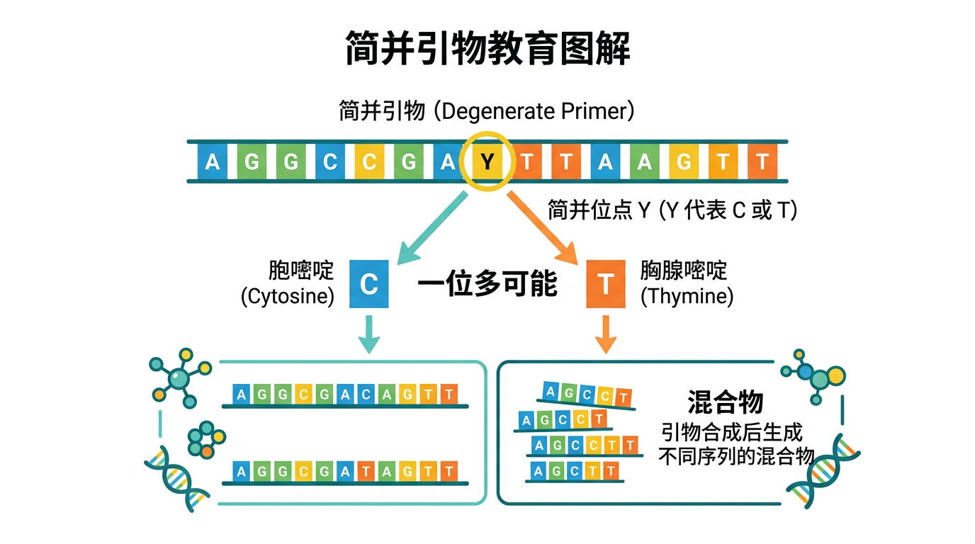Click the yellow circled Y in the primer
point(486,162)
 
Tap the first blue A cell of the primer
point(212,162)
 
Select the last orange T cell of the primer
point(762,162)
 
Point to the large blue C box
point(369,285)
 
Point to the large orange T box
point(606,285)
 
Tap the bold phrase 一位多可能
point(487,285)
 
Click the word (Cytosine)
point(288,296)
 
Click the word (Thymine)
point(687,296)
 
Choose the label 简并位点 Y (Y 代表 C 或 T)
point(672,210)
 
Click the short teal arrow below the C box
point(369,334)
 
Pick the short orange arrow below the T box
point(606,334)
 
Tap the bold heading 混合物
point(725,402)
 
